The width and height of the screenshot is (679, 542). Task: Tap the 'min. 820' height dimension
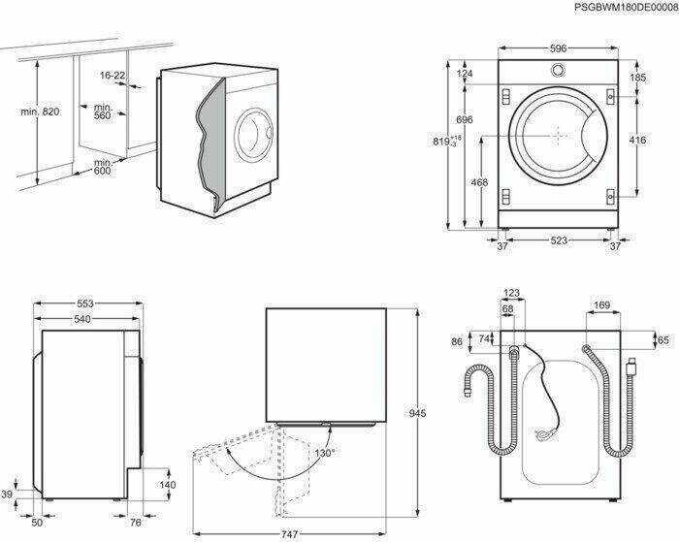pyautogui.click(x=40, y=112)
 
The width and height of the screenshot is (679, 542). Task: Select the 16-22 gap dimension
pyautogui.click(x=113, y=75)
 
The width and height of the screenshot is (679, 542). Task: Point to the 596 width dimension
pyautogui.click(x=557, y=48)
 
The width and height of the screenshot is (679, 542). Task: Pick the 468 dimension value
pyautogui.click(x=478, y=182)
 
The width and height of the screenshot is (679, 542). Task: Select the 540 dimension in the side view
pyautogui.click(x=83, y=319)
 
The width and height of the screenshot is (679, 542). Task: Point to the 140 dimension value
pyautogui.click(x=167, y=485)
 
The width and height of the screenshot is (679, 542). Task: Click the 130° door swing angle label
pyautogui.click(x=324, y=453)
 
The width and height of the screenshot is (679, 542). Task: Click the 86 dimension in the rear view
pyautogui.click(x=458, y=342)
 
